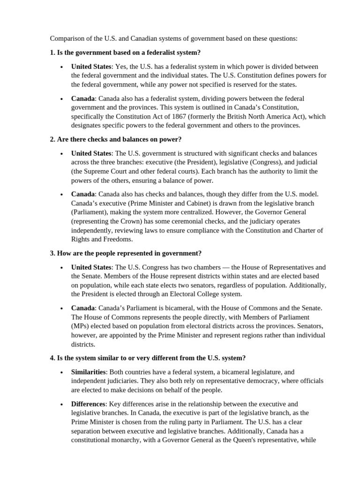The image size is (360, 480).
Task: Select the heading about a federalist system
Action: coord(125,52)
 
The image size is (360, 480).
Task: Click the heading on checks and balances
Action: coord(115,139)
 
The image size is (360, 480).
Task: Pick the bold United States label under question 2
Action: coord(91,153)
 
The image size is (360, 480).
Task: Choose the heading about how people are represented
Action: coord(126,253)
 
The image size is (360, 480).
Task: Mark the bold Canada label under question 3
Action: coord(83,308)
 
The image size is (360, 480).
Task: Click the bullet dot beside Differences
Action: coord(62,404)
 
